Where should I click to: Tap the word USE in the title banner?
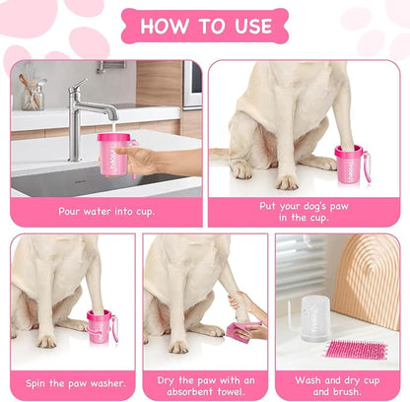(x=253, y=26)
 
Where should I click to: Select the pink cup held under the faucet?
(x=111, y=154)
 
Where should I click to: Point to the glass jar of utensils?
(x=33, y=94)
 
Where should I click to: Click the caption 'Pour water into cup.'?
(x=106, y=211)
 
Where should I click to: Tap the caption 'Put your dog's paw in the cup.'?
(x=304, y=212)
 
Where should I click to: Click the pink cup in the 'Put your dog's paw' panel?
(x=349, y=164)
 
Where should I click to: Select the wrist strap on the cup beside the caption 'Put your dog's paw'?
(x=368, y=167)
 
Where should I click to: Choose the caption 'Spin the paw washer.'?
(x=76, y=383)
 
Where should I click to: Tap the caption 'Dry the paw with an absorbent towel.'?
(x=206, y=386)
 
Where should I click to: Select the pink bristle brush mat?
(x=356, y=351)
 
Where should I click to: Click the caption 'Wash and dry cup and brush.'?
(x=337, y=386)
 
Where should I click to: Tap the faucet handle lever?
(x=80, y=86)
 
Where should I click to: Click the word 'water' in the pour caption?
(x=98, y=211)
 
